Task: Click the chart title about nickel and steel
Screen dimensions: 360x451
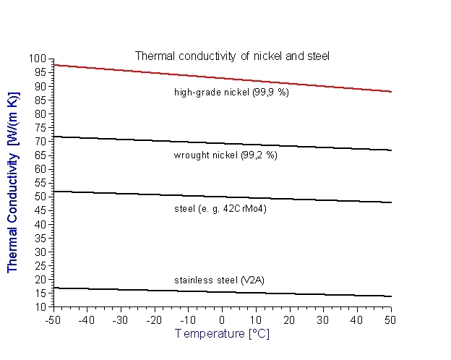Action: (x=232, y=56)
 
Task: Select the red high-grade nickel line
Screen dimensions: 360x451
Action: (x=221, y=78)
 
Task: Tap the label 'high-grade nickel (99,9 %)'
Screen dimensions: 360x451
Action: (x=231, y=92)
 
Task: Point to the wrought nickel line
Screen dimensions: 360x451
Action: (x=221, y=143)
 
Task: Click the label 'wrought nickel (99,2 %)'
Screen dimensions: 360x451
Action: (x=225, y=155)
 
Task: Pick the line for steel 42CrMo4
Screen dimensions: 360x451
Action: (x=221, y=197)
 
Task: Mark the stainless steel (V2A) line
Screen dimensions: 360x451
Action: (x=221, y=292)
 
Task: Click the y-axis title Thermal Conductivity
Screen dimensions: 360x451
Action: (x=13, y=182)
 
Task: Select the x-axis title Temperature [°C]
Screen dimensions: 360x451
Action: (x=221, y=334)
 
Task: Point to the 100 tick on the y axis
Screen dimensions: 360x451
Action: (x=38, y=59)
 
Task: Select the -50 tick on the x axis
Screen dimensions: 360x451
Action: (x=53, y=320)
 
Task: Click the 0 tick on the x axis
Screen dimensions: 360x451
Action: (x=221, y=320)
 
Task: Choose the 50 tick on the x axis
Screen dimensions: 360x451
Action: (x=390, y=320)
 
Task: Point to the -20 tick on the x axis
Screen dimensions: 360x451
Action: (x=154, y=320)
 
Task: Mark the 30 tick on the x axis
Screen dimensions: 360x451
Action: (x=322, y=320)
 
